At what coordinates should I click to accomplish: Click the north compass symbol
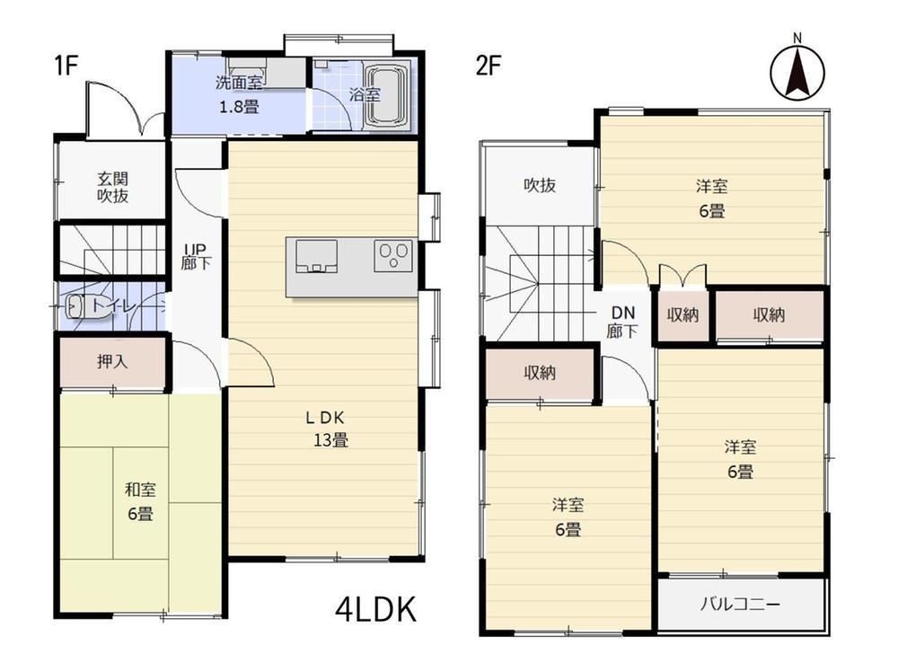point(797,69)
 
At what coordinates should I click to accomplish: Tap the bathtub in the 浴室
point(386,96)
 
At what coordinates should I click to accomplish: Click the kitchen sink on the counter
point(316,256)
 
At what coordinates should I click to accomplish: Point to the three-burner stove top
point(393,255)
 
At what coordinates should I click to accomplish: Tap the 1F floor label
point(66,66)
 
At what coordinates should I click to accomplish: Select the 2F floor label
point(489,66)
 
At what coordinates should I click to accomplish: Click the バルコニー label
point(739,605)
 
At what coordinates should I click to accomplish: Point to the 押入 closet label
point(112,361)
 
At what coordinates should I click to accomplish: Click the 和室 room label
point(140,490)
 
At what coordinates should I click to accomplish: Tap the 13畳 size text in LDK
point(330,440)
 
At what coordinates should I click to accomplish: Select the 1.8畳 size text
point(240,107)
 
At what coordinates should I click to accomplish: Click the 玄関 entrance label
point(112,179)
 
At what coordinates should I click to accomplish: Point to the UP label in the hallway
point(195,249)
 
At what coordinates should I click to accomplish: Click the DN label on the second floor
point(623,313)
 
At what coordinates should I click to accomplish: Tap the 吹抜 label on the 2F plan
point(540,185)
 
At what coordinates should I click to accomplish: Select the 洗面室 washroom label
point(239,83)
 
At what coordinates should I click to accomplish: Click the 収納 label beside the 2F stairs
point(540,373)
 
